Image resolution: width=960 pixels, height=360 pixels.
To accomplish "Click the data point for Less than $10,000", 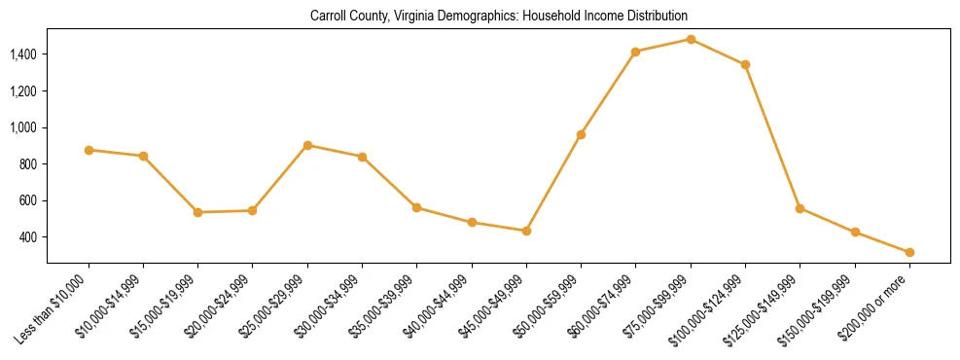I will (89, 150).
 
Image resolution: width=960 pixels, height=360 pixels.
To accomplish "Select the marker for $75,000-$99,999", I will (691, 40).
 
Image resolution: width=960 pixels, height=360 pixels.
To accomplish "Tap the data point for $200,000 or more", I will (909, 253).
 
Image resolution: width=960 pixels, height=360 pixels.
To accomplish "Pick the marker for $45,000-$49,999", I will (526, 231).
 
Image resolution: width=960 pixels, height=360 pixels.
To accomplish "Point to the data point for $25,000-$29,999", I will (307, 145).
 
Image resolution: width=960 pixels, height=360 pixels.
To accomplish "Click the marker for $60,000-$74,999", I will (636, 52).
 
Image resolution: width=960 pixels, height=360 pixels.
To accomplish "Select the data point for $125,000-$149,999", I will (800, 208).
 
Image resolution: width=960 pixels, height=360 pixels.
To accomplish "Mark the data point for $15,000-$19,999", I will (198, 212).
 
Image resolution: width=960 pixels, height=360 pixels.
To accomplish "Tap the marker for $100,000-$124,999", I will (745, 64).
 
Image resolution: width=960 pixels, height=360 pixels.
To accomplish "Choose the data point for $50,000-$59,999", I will (581, 134).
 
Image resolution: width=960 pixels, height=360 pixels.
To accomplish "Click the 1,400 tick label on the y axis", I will (23, 54).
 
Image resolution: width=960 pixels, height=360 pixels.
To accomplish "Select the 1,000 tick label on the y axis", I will (23, 127).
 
